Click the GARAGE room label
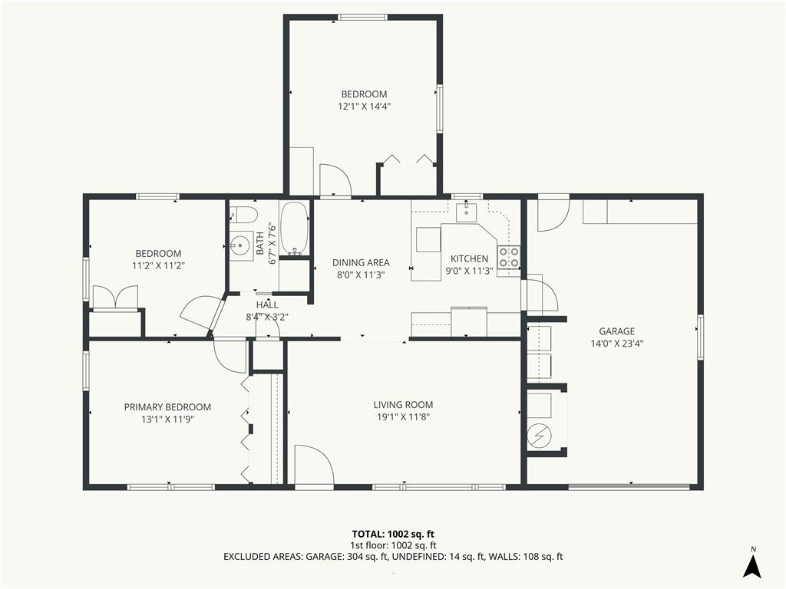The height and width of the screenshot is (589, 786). [x=616, y=331]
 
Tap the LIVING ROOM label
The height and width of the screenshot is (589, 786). [x=403, y=405]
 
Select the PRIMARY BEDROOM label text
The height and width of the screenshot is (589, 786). [x=167, y=407]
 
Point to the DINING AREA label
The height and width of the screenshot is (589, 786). [x=361, y=262]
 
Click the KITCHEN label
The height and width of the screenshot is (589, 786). [x=469, y=258]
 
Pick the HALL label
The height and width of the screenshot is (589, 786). [x=267, y=304]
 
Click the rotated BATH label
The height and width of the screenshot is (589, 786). [x=260, y=243]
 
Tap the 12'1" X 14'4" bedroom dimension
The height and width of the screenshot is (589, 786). [x=365, y=106]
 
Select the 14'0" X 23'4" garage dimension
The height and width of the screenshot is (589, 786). [x=617, y=344]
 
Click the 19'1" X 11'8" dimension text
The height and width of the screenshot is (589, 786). [x=404, y=417]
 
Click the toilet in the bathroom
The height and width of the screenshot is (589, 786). [x=243, y=215]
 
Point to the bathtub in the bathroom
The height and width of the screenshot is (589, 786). [x=294, y=229]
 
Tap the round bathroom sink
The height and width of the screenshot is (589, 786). [x=241, y=245]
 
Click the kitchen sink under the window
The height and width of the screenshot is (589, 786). [x=467, y=211]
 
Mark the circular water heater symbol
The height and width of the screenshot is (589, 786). [x=540, y=436]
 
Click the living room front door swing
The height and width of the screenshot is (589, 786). [x=314, y=465]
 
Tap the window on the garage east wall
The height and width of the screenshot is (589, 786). [x=700, y=337]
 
